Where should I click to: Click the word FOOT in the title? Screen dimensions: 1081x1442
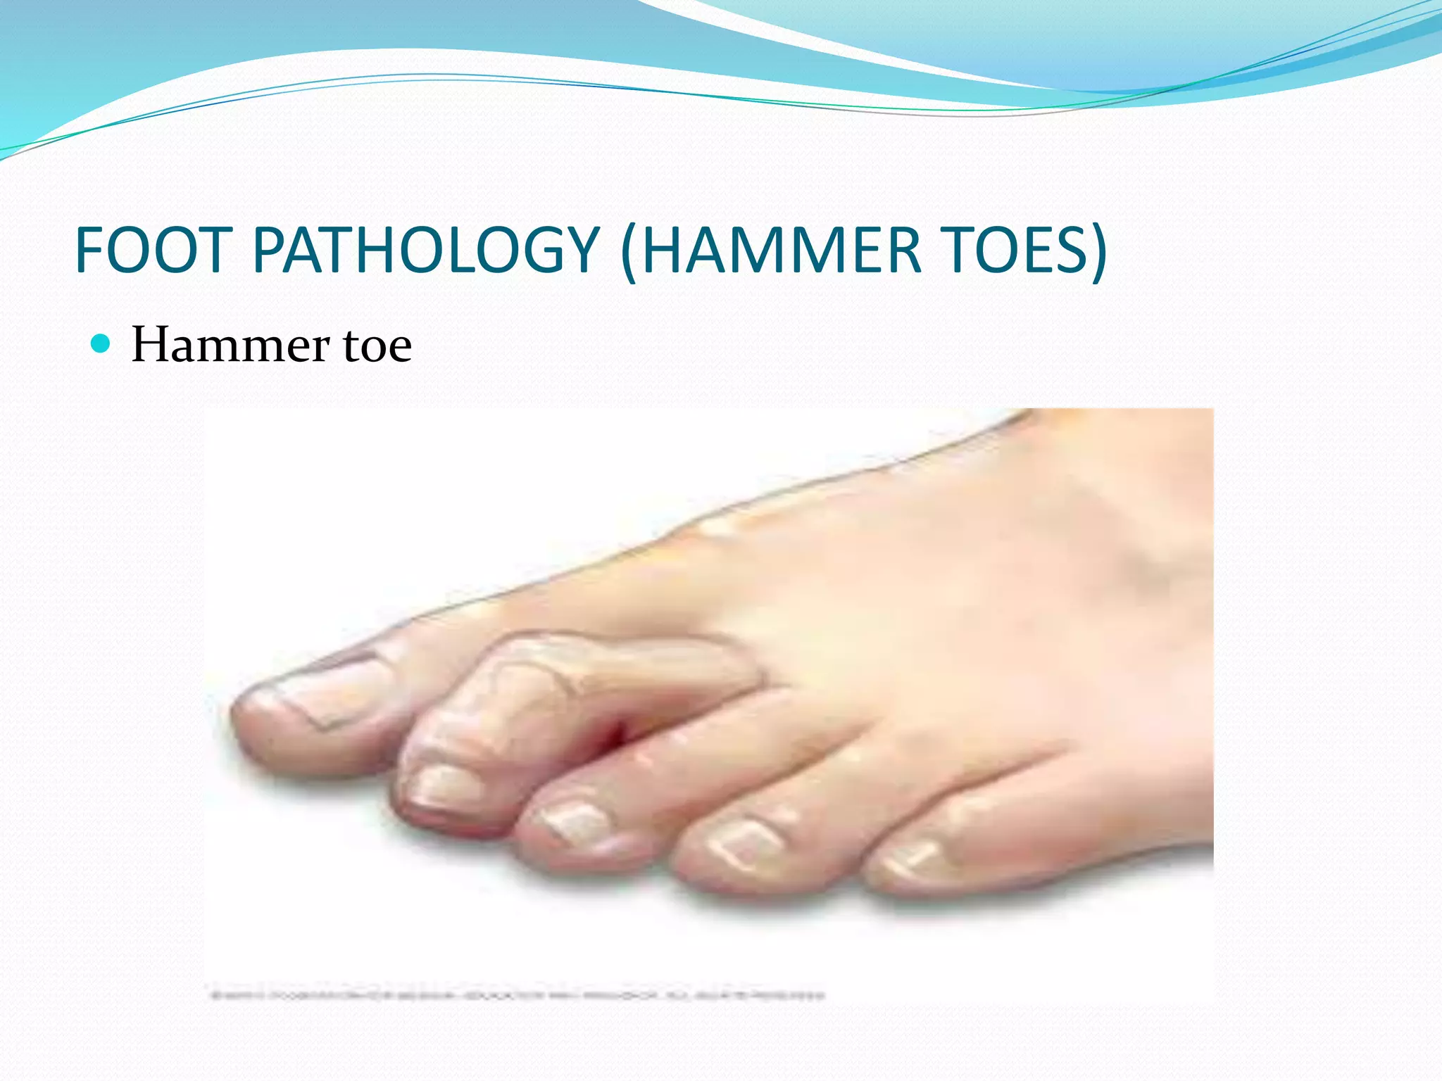point(153,251)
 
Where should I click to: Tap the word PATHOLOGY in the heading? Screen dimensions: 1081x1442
point(425,251)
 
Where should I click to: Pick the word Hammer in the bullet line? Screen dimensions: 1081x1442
point(230,346)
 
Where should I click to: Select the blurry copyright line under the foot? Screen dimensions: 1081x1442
point(518,995)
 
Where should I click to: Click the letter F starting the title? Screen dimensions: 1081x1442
point(90,251)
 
